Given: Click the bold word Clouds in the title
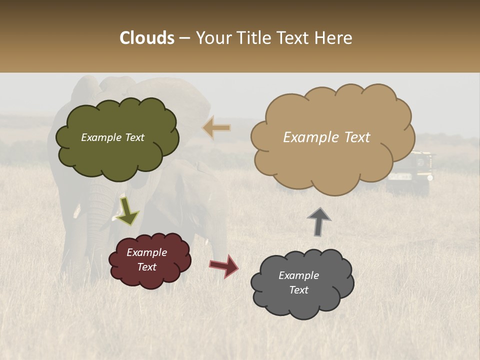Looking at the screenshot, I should coord(147,38).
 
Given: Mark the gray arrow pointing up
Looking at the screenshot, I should coord(319,221).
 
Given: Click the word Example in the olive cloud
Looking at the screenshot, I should coord(101,137).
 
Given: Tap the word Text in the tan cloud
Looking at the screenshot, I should coord(353,137).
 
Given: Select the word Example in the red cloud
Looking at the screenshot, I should coord(146,252).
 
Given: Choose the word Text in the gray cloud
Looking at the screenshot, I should coord(298,290).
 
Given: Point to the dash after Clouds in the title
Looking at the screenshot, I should coord(184,38).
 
